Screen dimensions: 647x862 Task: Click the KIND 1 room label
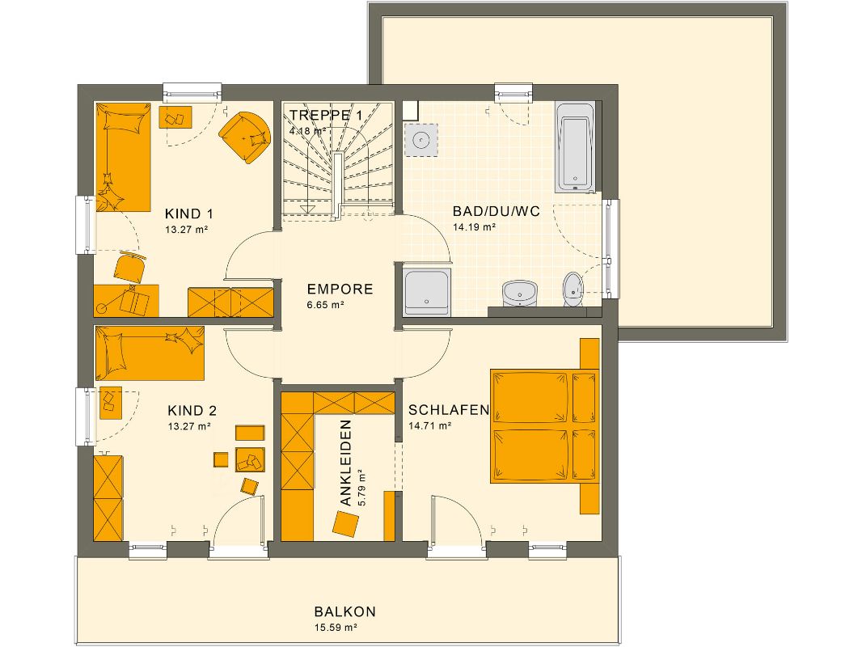(x=188, y=214)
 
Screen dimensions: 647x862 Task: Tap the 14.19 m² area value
(x=474, y=227)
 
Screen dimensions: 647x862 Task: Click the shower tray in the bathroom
(x=427, y=291)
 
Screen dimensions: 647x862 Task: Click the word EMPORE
(x=340, y=289)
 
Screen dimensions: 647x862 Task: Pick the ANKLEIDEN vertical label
(x=346, y=463)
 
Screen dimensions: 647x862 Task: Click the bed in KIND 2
(x=150, y=353)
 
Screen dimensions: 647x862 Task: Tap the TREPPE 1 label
(x=326, y=115)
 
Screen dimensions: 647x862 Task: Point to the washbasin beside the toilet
(x=518, y=292)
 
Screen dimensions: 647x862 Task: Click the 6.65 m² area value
(x=326, y=305)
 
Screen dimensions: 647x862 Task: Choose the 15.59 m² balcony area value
(x=336, y=628)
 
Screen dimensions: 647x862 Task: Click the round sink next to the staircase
(x=420, y=139)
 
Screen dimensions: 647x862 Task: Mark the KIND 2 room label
(x=192, y=410)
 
